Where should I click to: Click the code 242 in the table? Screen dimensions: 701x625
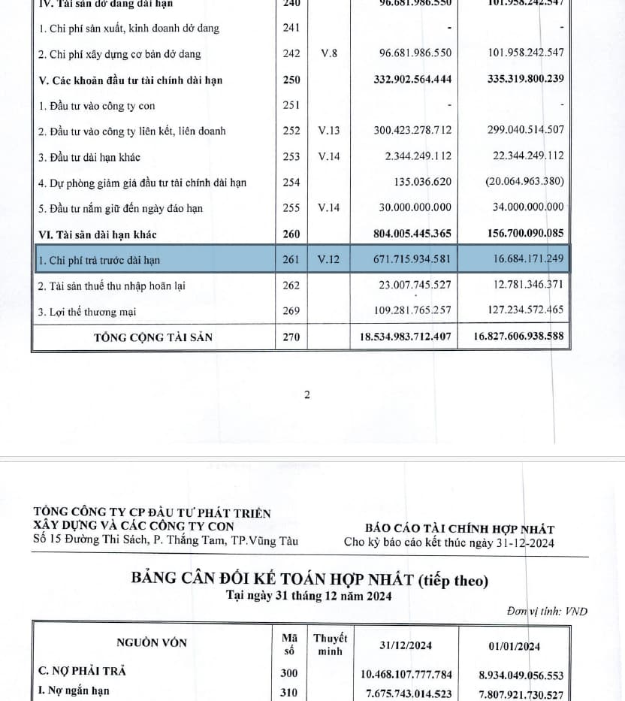tap(291, 54)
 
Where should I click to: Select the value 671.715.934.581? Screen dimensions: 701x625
tap(412, 260)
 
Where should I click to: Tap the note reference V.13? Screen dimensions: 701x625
tap(329, 131)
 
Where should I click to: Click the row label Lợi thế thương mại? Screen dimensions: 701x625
tap(87, 311)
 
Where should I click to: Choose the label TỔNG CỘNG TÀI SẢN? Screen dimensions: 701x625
tap(153, 337)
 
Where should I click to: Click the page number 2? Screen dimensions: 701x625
tap(306, 395)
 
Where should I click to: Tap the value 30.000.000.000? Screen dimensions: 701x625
tap(413, 208)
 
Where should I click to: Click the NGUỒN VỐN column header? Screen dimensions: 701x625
tap(152, 643)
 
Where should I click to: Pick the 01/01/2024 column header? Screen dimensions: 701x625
tap(514, 646)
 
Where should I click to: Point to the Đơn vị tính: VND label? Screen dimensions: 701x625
tap(547, 611)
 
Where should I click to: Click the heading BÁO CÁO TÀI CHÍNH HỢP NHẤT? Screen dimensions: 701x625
tap(460, 529)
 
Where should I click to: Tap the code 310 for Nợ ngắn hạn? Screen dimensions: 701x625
tap(289, 693)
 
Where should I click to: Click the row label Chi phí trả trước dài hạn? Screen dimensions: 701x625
tap(99, 261)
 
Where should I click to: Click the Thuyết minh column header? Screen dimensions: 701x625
tap(330, 645)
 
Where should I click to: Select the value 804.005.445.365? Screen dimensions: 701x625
tap(412, 234)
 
